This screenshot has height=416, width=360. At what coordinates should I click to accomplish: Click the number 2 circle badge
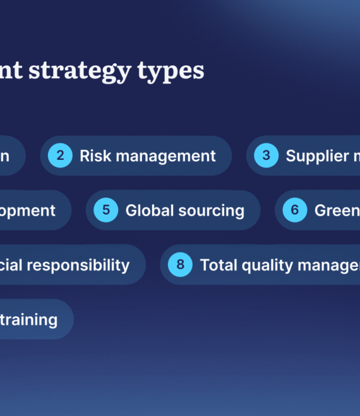pyautogui.click(x=60, y=156)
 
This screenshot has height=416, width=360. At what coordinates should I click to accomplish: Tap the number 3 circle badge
pyautogui.click(x=267, y=156)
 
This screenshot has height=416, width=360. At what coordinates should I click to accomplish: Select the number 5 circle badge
pyautogui.click(x=106, y=210)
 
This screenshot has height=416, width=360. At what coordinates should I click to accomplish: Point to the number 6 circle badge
pyautogui.click(x=295, y=210)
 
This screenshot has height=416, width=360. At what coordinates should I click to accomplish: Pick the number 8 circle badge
pyautogui.click(x=181, y=264)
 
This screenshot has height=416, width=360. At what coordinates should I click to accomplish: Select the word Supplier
pyautogui.click(x=317, y=156)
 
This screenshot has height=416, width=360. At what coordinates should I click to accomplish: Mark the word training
pyautogui.click(x=30, y=319)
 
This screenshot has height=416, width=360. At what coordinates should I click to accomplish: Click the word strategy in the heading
pyautogui.click(x=87, y=71)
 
